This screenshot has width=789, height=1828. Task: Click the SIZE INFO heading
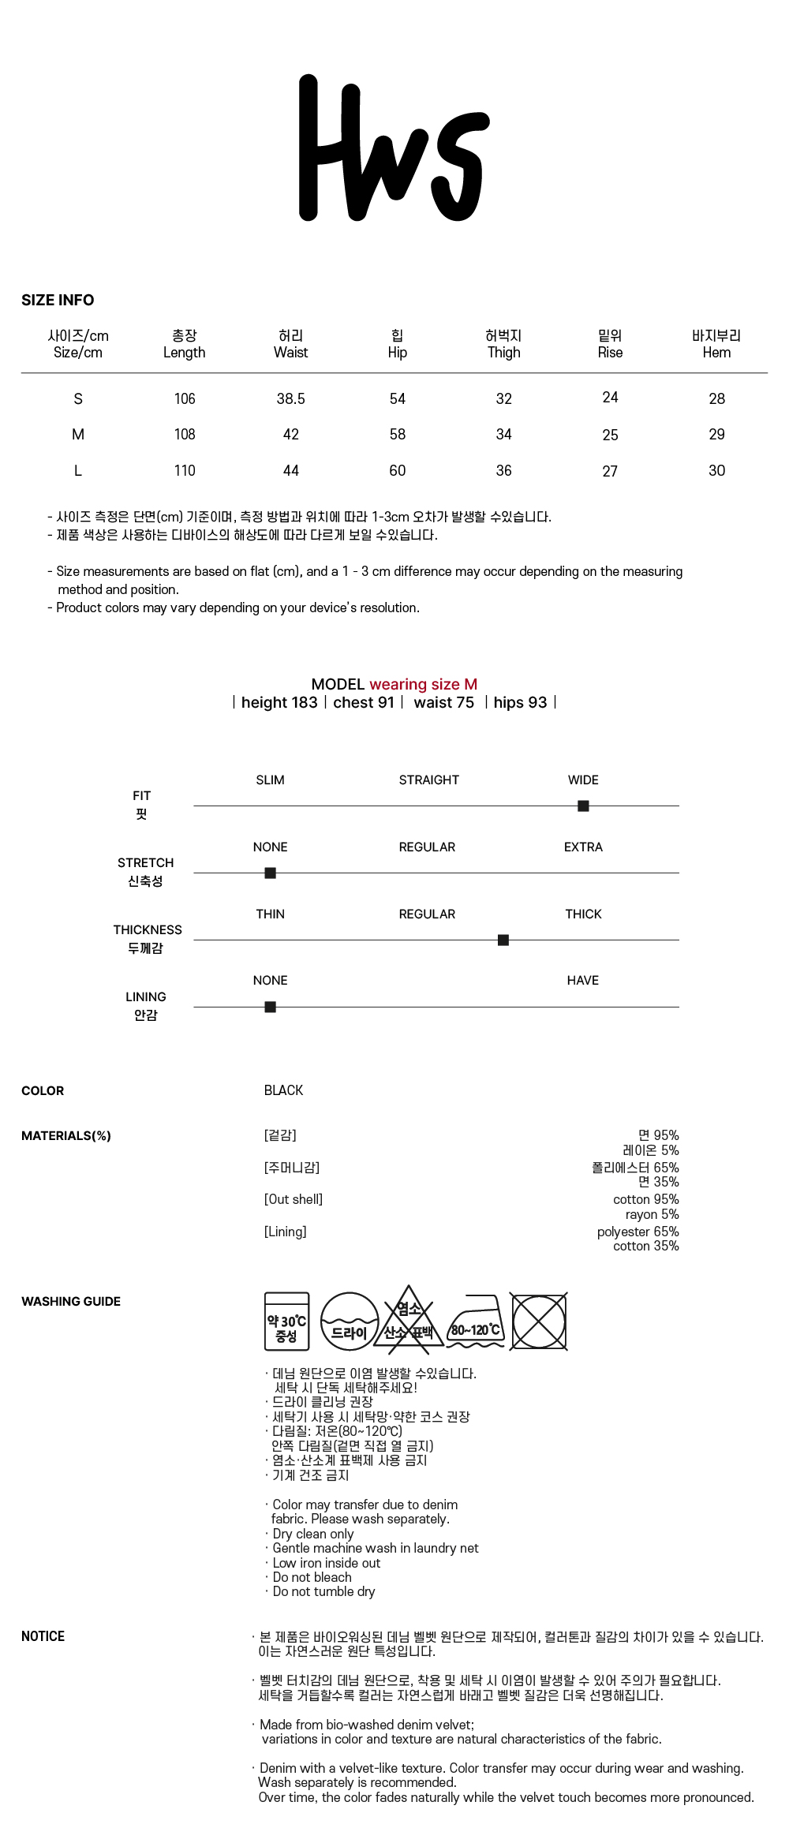tap(58, 300)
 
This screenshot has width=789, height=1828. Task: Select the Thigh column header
tap(503, 345)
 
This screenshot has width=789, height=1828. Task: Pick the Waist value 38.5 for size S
tap(290, 398)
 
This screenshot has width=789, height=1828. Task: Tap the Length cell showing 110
tap(185, 470)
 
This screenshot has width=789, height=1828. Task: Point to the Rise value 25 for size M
tap(610, 435)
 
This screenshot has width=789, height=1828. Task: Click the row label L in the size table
tap(77, 470)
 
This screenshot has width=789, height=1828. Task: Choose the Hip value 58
tap(397, 434)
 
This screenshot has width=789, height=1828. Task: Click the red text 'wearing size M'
tap(423, 684)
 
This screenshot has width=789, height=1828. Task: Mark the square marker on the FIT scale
tap(583, 806)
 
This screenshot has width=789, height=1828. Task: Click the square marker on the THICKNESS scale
tap(503, 940)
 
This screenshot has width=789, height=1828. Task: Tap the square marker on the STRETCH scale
tap(270, 873)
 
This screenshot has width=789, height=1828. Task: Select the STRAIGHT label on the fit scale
tap(428, 779)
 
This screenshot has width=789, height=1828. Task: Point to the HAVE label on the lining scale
tap(582, 980)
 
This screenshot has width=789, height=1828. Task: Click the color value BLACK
tap(283, 1090)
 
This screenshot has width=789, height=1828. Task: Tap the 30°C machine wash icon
tap(286, 1321)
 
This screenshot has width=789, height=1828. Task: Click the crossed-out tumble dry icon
tap(539, 1321)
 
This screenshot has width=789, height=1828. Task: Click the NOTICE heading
tap(43, 1636)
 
